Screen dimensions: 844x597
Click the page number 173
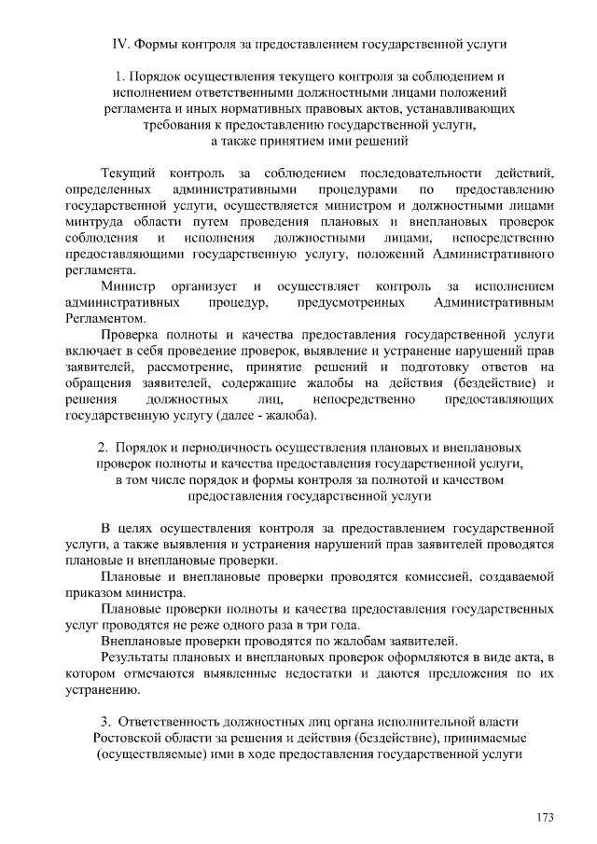coord(545,818)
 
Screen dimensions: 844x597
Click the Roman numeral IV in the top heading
coord(119,44)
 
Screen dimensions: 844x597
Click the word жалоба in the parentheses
coord(293,413)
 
